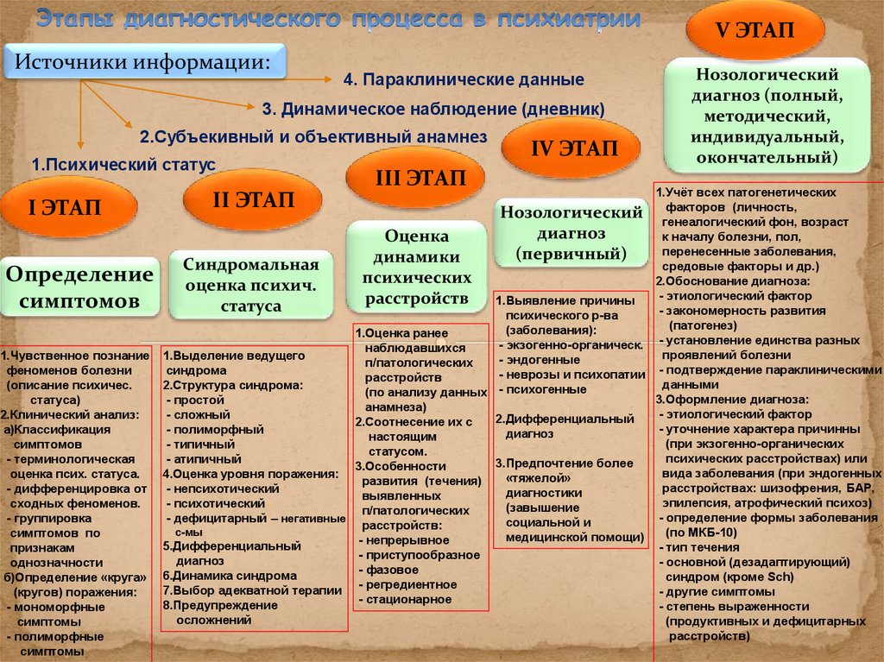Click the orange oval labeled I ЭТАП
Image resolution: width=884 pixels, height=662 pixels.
(68, 207)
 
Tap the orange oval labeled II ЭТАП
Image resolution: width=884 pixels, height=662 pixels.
(253, 200)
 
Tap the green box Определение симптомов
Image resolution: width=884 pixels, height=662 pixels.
(79, 287)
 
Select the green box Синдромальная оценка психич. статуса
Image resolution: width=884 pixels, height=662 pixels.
(251, 285)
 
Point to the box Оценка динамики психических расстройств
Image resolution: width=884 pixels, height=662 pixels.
(417, 267)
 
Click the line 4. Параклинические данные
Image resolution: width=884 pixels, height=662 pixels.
(464, 79)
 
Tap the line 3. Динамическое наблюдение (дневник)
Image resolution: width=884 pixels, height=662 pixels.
(433, 108)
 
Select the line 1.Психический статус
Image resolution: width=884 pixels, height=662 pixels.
(123, 163)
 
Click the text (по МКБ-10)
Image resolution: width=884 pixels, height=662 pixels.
(701, 532)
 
